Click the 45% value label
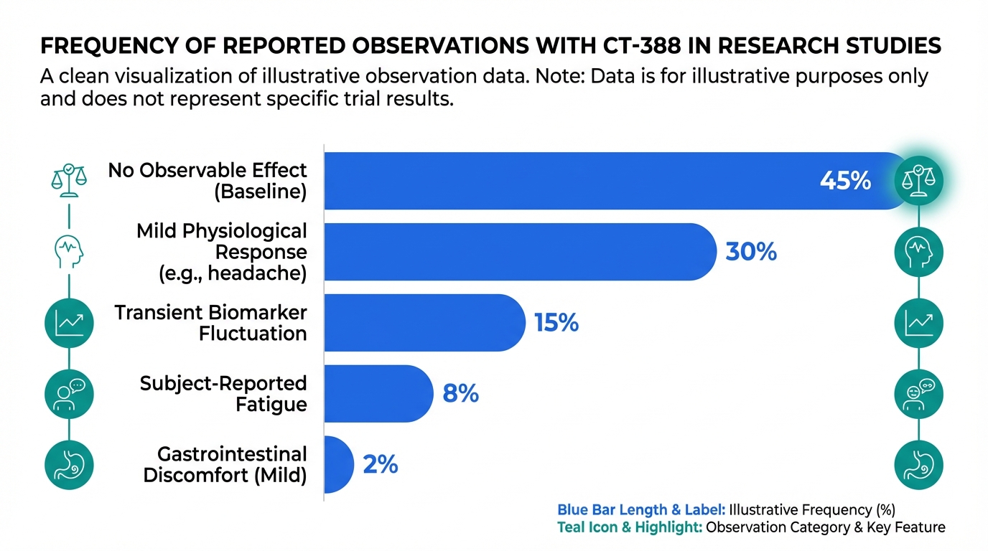[x=845, y=181]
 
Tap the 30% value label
[x=751, y=252]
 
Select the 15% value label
[x=556, y=323]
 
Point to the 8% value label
[x=461, y=394]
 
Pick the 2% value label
[x=381, y=465]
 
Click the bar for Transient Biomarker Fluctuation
[x=424, y=323]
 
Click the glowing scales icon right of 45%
[x=918, y=181]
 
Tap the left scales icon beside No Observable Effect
[x=69, y=180]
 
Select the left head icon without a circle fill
[x=69, y=251]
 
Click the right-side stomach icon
[x=918, y=465]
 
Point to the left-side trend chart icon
[x=69, y=323]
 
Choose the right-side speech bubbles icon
[x=918, y=394]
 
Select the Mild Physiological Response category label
[x=222, y=252]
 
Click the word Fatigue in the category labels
[x=271, y=405]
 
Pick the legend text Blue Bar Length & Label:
[x=641, y=510]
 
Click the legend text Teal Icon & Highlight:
[x=630, y=527]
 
